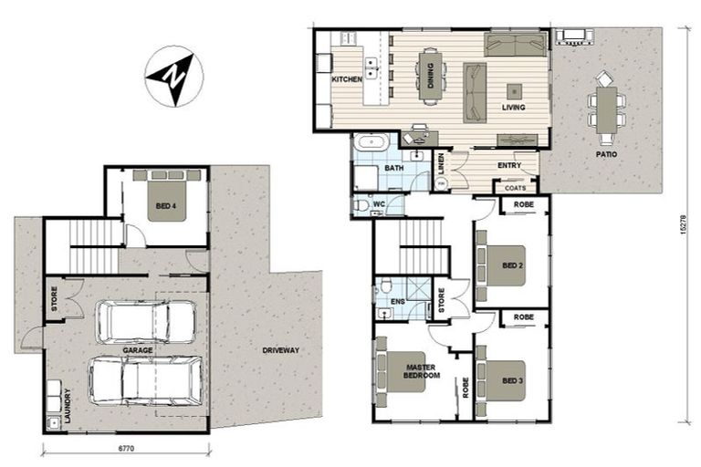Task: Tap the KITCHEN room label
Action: coord(347,80)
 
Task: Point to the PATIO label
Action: coord(606,155)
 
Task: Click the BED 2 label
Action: coord(512,266)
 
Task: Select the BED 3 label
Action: coord(512,379)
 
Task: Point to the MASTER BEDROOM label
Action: coord(423,371)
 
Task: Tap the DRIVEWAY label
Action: coord(281,350)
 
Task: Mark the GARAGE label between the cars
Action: coord(137,350)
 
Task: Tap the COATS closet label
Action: coord(515,188)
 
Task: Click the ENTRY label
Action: coord(509,165)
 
